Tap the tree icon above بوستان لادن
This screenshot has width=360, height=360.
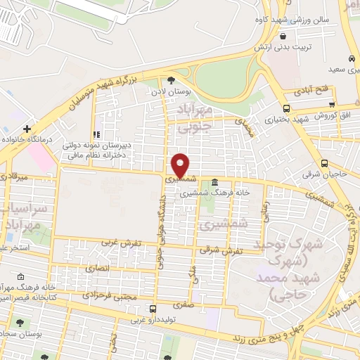tap(171, 80)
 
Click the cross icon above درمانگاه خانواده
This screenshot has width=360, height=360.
tap(27, 129)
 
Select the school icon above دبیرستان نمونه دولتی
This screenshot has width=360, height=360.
tap(97, 134)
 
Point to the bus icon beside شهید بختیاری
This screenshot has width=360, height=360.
tap(285, 108)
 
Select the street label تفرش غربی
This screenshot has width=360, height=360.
tap(121, 243)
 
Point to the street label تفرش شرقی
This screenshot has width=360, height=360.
tap(221, 249)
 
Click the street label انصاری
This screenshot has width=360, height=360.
tap(98, 268)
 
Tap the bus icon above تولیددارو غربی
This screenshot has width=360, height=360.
tap(152, 309)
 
